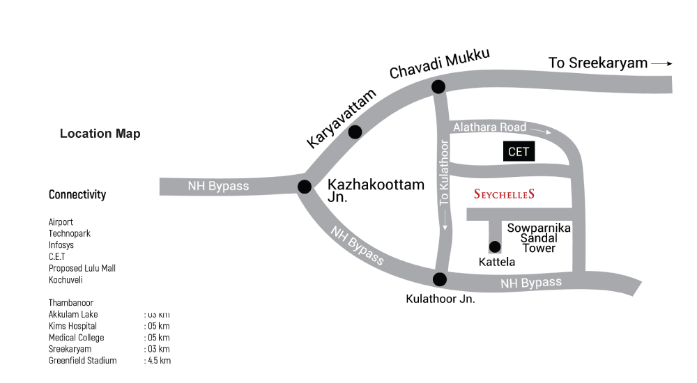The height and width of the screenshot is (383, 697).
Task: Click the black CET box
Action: coord(519,152)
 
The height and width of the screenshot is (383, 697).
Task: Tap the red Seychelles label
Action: coord(504,194)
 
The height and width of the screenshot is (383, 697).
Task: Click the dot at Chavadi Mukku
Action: coord(438,86)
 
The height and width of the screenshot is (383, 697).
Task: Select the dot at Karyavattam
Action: coord(355,132)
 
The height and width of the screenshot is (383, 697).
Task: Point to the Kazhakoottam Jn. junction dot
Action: coord(305,187)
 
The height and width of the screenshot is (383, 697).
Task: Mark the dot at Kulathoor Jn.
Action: coord(439,279)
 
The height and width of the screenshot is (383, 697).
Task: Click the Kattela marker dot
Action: coord(495,246)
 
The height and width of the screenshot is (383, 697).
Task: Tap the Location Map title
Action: coord(100,134)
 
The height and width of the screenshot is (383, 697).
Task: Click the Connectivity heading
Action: coord(77,194)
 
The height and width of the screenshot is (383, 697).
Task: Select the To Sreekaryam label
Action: coord(598,63)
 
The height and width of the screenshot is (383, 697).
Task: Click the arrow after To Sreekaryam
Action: coord(662,63)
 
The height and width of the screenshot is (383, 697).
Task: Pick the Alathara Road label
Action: coord(489,127)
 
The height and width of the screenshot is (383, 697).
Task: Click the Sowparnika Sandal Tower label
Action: coord(539,237)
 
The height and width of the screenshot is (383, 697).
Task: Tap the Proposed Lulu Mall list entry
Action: coord(82,268)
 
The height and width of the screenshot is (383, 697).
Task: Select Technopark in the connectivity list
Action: coord(70,233)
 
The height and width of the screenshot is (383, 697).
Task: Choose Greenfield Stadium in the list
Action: coord(83,361)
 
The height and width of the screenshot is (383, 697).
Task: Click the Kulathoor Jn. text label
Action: coord(441,299)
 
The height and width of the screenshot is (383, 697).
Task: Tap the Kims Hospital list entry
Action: coord(72,326)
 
